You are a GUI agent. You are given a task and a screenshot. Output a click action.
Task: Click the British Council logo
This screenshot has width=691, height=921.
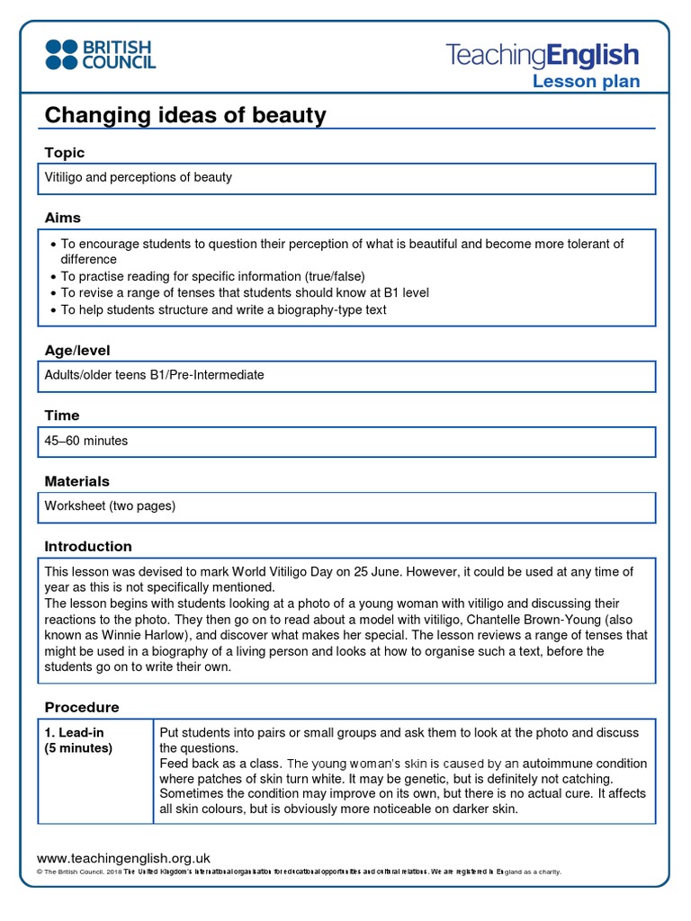[101, 55]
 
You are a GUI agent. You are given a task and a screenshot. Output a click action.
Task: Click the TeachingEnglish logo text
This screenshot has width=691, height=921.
[543, 56]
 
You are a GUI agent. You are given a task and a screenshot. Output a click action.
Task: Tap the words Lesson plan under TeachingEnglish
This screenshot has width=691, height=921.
[586, 82]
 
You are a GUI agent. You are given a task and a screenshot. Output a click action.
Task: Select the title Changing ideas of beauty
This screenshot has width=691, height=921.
[185, 115]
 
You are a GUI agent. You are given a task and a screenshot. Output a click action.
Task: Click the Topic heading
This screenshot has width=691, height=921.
[65, 153]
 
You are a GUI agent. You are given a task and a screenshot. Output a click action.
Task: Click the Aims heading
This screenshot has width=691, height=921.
[63, 218]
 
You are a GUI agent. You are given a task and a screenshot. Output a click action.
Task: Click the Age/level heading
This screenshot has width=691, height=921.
[77, 351]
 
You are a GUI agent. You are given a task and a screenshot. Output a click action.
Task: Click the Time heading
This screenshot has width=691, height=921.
[62, 416]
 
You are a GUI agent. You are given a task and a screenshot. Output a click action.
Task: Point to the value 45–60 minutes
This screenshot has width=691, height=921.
[86, 441]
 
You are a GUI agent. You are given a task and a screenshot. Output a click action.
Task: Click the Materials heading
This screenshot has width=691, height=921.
[77, 481]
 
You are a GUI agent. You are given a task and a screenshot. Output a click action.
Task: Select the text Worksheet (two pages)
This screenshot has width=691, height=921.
[110, 505]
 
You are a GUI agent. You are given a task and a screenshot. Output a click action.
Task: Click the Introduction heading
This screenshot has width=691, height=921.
[88, 546]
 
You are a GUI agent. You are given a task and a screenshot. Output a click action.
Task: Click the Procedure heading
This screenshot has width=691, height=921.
[82, 707]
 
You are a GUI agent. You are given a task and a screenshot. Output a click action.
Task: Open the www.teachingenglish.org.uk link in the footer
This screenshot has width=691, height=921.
[123, 858]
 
